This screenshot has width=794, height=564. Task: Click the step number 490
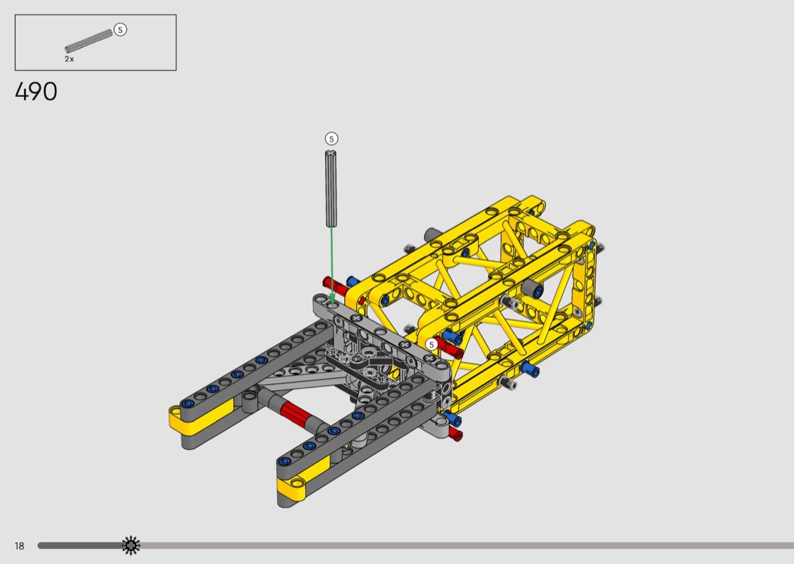point(36,91)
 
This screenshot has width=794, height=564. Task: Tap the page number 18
point(19,546)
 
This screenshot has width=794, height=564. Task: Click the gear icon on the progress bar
point(131,545)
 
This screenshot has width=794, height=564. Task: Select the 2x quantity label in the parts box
point(69,59)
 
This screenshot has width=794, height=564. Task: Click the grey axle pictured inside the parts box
point(88,41)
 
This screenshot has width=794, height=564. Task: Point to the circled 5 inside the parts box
point(120,30)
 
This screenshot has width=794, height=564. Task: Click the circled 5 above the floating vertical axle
point(331,138)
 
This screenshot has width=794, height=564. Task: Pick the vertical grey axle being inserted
point(331,188)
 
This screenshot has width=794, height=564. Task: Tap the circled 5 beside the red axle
point(431,344)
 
